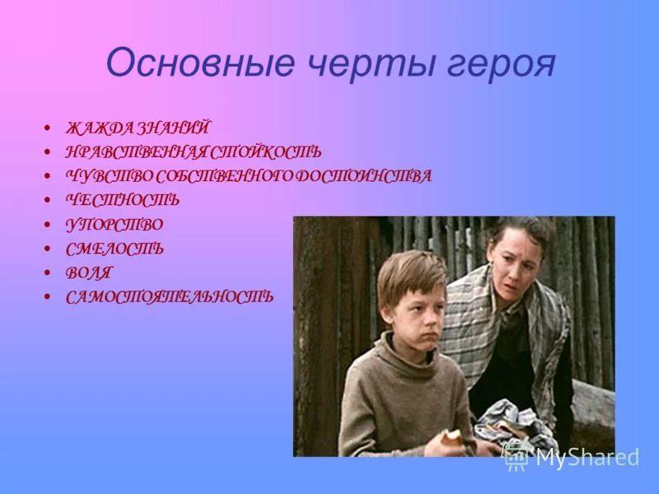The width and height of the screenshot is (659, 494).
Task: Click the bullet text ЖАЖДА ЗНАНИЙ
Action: click(138, 128)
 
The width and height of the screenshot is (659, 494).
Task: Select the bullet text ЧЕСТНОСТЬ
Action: click(123, 200)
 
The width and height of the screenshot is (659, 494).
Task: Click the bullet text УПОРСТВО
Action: click(115, 224)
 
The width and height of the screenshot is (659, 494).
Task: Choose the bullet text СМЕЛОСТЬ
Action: click(115, 248)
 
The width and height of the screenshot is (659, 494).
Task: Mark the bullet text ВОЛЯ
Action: click(89, 272)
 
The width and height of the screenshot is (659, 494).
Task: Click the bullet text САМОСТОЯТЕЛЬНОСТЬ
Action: click(170, 296)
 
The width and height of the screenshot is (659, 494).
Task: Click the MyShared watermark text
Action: click(587, 457)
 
